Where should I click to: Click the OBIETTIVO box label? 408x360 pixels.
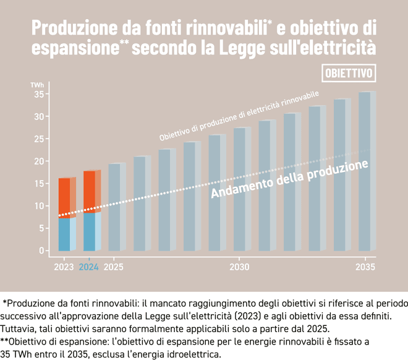349,73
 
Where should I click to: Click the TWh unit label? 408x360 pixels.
37,84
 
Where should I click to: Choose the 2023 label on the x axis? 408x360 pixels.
64,267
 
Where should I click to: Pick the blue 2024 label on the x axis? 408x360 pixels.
89,267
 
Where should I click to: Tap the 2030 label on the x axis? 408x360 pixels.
239,267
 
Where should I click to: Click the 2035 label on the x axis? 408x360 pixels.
365,267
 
